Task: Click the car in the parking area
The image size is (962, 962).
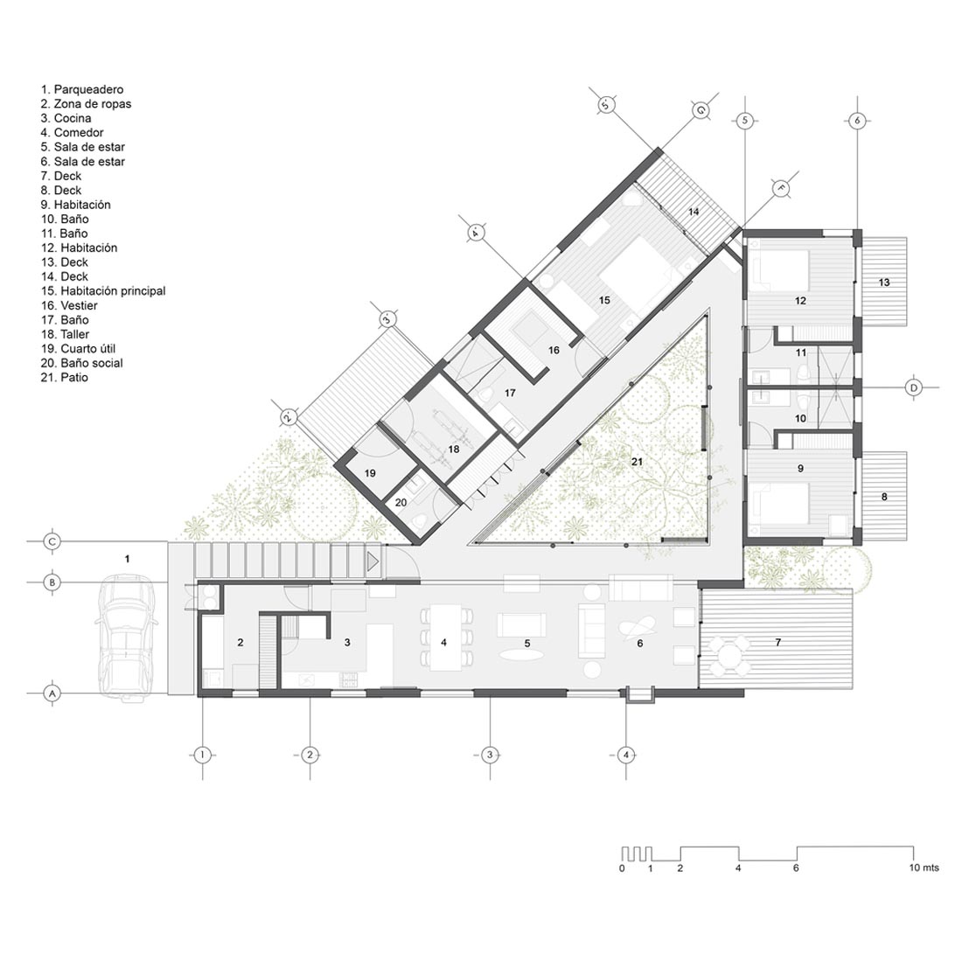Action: pyautogui.click(x=127, y=637)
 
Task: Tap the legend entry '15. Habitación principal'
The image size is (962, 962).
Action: pyautogui.click(x=103, y=291)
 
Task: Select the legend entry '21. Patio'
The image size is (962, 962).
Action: pyautogui.click(x=65, y=377)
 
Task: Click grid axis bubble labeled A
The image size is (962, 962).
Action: pyautogui.click(x=52, y=694)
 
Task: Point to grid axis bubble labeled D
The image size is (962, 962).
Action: pyautogui.click(x=914, y=387)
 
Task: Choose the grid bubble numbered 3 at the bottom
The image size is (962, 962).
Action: pyautogui.click(x=489, y=755)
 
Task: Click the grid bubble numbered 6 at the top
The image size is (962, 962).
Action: pyautogui.click(x=857, y=121)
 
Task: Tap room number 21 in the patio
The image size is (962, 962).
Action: pyautogui.click(x=637, y=462)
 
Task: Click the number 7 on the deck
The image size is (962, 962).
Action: pyautogui.click(x=778, y=643)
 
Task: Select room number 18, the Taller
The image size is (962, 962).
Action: pyautogui.click(x=453, y=450)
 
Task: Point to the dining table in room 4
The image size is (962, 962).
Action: pyautogui.click(x=445, y=638)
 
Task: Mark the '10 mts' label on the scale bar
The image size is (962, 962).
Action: pyautogui.click(x=924, y=868)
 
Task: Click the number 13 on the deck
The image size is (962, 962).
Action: pyautogui.click(x=884, y=282)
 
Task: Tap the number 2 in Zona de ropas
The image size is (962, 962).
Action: pyautogui.click(x=240, y=643)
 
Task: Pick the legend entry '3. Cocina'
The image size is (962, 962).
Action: pyautogui.click(x=66, y=118)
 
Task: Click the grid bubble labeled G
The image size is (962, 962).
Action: pyautogui.click(x=701, y=110)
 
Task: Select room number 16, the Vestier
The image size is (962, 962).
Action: pyautogui.click(x=554, y=350)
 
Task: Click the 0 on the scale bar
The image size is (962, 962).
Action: pyautogui.click(x=622, y=868)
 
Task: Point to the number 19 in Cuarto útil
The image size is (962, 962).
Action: pyautogui.click(x=370, y=473)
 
